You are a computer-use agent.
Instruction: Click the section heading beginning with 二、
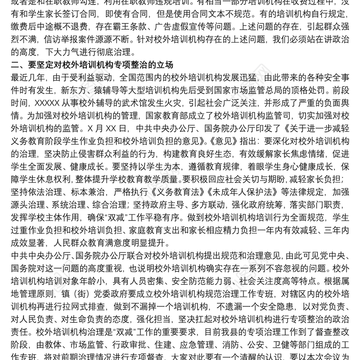(92, 64)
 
